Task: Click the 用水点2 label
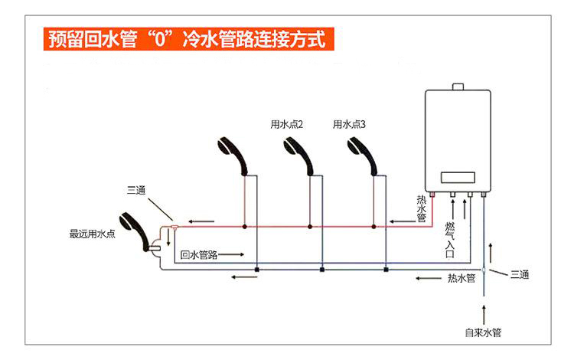(x=287, y=124)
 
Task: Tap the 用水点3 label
(x=349, y=124)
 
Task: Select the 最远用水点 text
(x=92, y=234)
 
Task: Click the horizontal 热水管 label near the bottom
(x=461, y=277)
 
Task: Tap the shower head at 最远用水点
(x=135, y=229)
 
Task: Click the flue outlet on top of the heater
(x=456, y=86)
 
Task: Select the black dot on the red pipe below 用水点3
(x=373, y=227)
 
